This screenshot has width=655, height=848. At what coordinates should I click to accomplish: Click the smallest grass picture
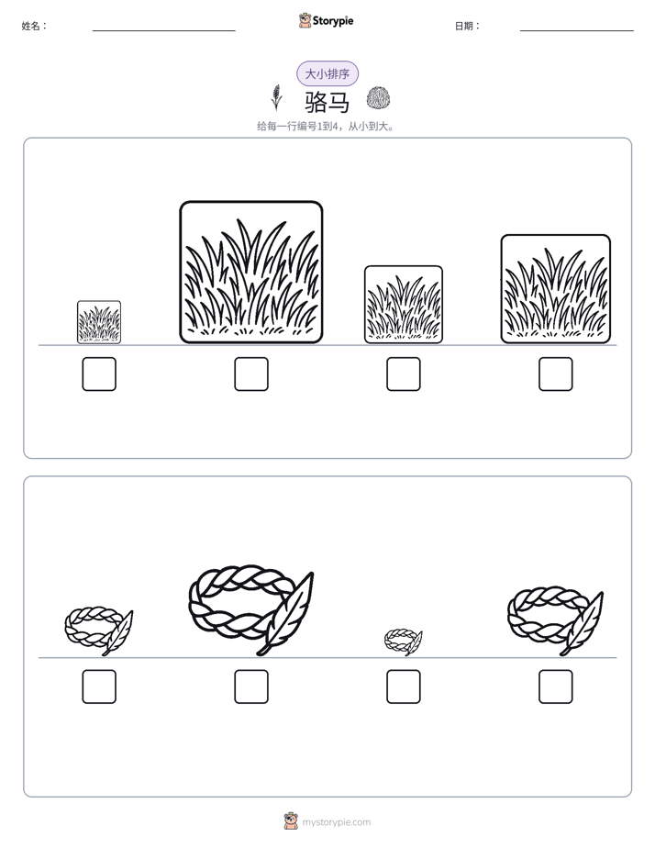99,322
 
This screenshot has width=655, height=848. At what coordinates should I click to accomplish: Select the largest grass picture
251,272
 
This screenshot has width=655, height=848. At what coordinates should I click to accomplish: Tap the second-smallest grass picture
403,305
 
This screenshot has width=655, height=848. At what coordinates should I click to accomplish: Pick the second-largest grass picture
556,289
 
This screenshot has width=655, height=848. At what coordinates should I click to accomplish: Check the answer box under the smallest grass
99,374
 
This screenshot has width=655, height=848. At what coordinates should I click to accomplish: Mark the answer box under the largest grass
251,374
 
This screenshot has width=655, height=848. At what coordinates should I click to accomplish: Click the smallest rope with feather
403,642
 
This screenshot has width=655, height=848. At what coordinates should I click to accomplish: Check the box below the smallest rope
403,686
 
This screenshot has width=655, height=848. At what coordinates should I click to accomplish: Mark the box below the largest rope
251,686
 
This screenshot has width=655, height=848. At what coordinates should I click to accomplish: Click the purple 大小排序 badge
327,73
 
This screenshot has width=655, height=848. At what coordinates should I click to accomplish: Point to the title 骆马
327,102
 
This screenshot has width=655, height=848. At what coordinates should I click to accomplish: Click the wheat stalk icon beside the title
277,98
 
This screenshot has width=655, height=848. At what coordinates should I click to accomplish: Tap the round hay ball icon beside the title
378,98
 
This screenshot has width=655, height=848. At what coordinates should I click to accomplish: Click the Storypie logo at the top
327,20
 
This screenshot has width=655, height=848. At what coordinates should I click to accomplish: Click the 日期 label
468,26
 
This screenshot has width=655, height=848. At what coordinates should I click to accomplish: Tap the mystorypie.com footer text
336,822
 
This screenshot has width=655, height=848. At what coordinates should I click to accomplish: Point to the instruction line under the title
326,127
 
